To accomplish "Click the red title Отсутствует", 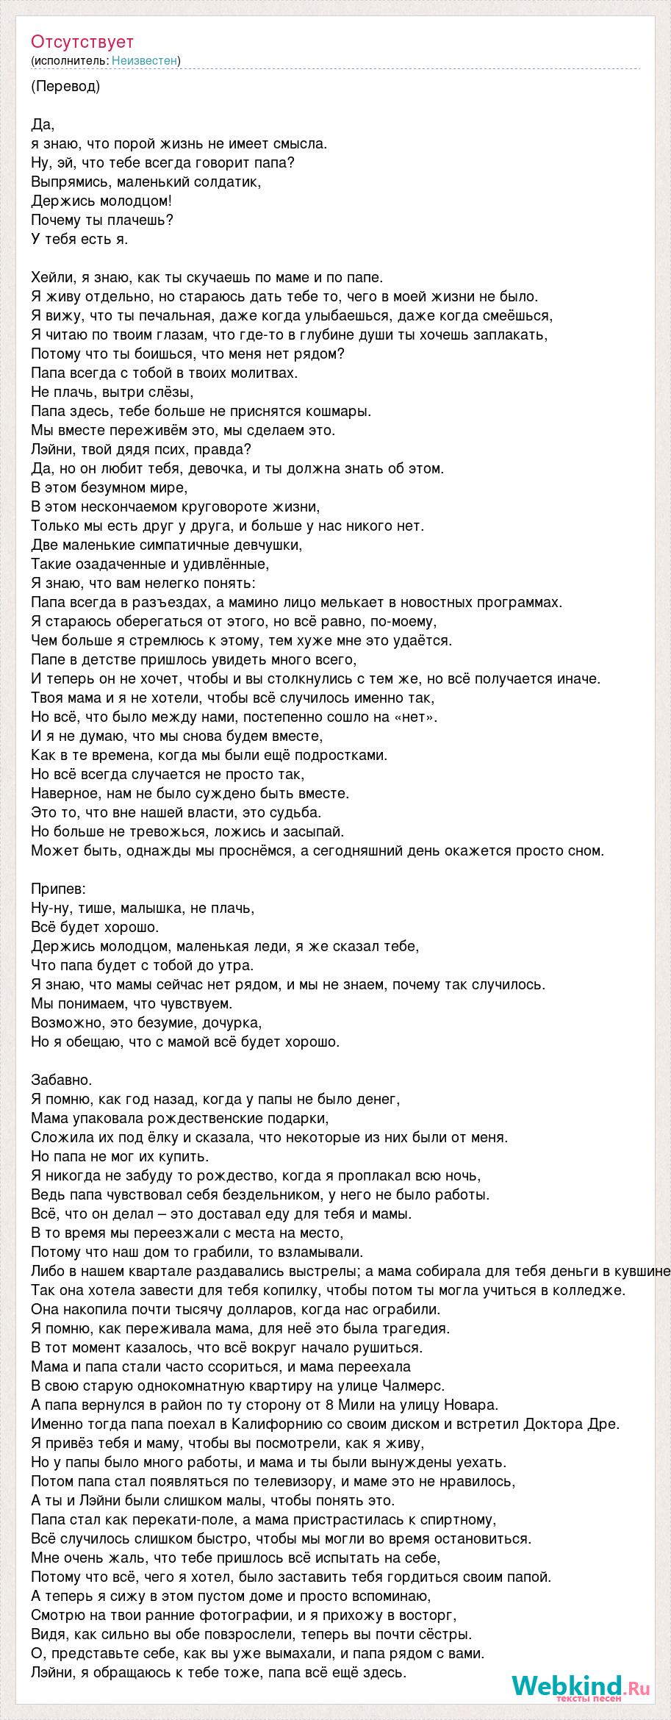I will coord(82,42).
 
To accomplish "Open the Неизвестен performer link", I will coord(145,61).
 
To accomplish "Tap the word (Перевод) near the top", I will coord(66,87).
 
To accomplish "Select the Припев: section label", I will coord(59,889).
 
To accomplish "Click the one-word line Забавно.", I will coord(62,1080).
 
